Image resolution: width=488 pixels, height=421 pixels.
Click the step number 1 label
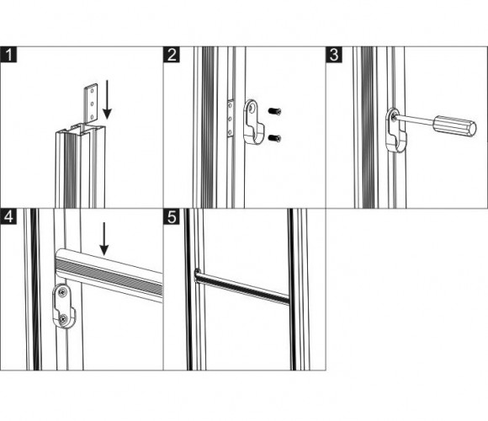click(x=8, y=55)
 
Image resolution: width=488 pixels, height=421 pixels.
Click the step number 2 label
click(x=172, y=55)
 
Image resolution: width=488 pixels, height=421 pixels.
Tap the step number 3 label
click(x=334, y=55)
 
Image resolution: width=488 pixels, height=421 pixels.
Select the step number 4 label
click(x=8, y=216)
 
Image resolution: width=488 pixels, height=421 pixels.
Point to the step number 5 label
click(x=172, y=216)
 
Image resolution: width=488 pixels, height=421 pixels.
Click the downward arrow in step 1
click(x=107, y=99)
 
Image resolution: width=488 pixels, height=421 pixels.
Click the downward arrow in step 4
click(x=104, y=238)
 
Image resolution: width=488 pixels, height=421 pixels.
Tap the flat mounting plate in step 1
click(x=92, y=103)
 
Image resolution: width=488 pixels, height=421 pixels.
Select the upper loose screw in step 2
click(x=274, y=111)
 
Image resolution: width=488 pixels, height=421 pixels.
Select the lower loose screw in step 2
click(x=274, y=137)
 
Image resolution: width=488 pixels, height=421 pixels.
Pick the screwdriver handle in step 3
click(x=454, y=125)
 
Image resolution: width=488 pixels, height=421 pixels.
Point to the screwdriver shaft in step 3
click(x=414, y=120)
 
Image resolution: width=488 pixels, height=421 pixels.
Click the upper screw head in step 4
click(x=62, y=292)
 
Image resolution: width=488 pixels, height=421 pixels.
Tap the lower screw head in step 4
click(x=63, y=318)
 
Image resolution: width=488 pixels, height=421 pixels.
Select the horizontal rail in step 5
click(x=242, y=286)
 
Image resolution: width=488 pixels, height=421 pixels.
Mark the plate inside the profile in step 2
click(x=231, y=119)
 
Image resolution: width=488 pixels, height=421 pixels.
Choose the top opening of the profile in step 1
click(x=80, y=128)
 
